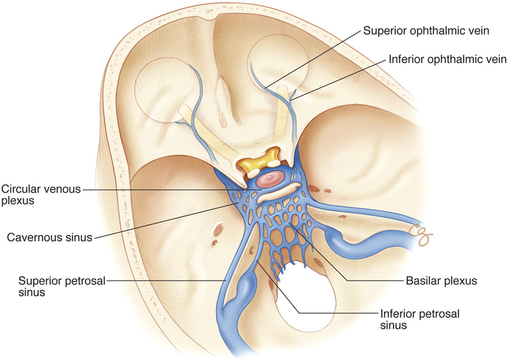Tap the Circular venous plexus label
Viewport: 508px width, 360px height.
41,195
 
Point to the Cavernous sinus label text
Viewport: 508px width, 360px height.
50,237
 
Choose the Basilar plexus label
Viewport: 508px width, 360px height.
440,280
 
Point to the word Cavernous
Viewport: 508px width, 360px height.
32,237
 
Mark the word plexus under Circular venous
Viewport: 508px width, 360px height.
16,201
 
